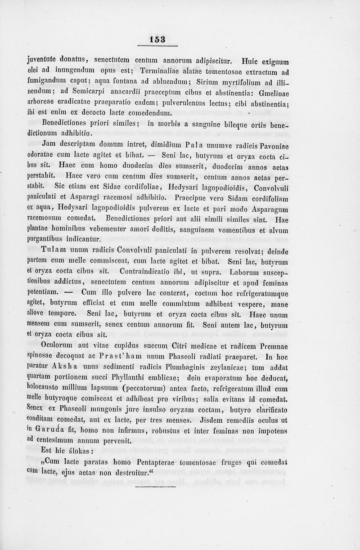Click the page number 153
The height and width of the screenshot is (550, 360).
[x=157, y=40]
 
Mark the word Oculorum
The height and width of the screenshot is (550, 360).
[x=58, y=346]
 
